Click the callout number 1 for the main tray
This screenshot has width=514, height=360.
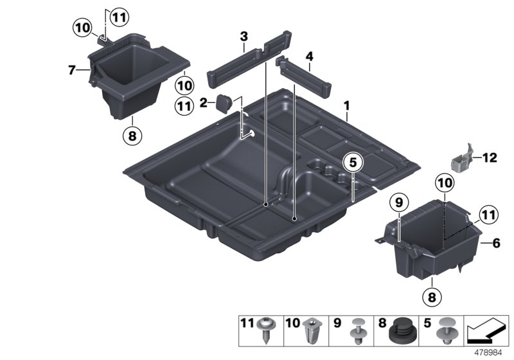pos(346,104)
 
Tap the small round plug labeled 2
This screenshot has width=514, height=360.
pos(225,103)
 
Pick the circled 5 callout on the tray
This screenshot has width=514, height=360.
pos(352,163)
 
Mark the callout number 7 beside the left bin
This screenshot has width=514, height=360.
pos(72,68)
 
